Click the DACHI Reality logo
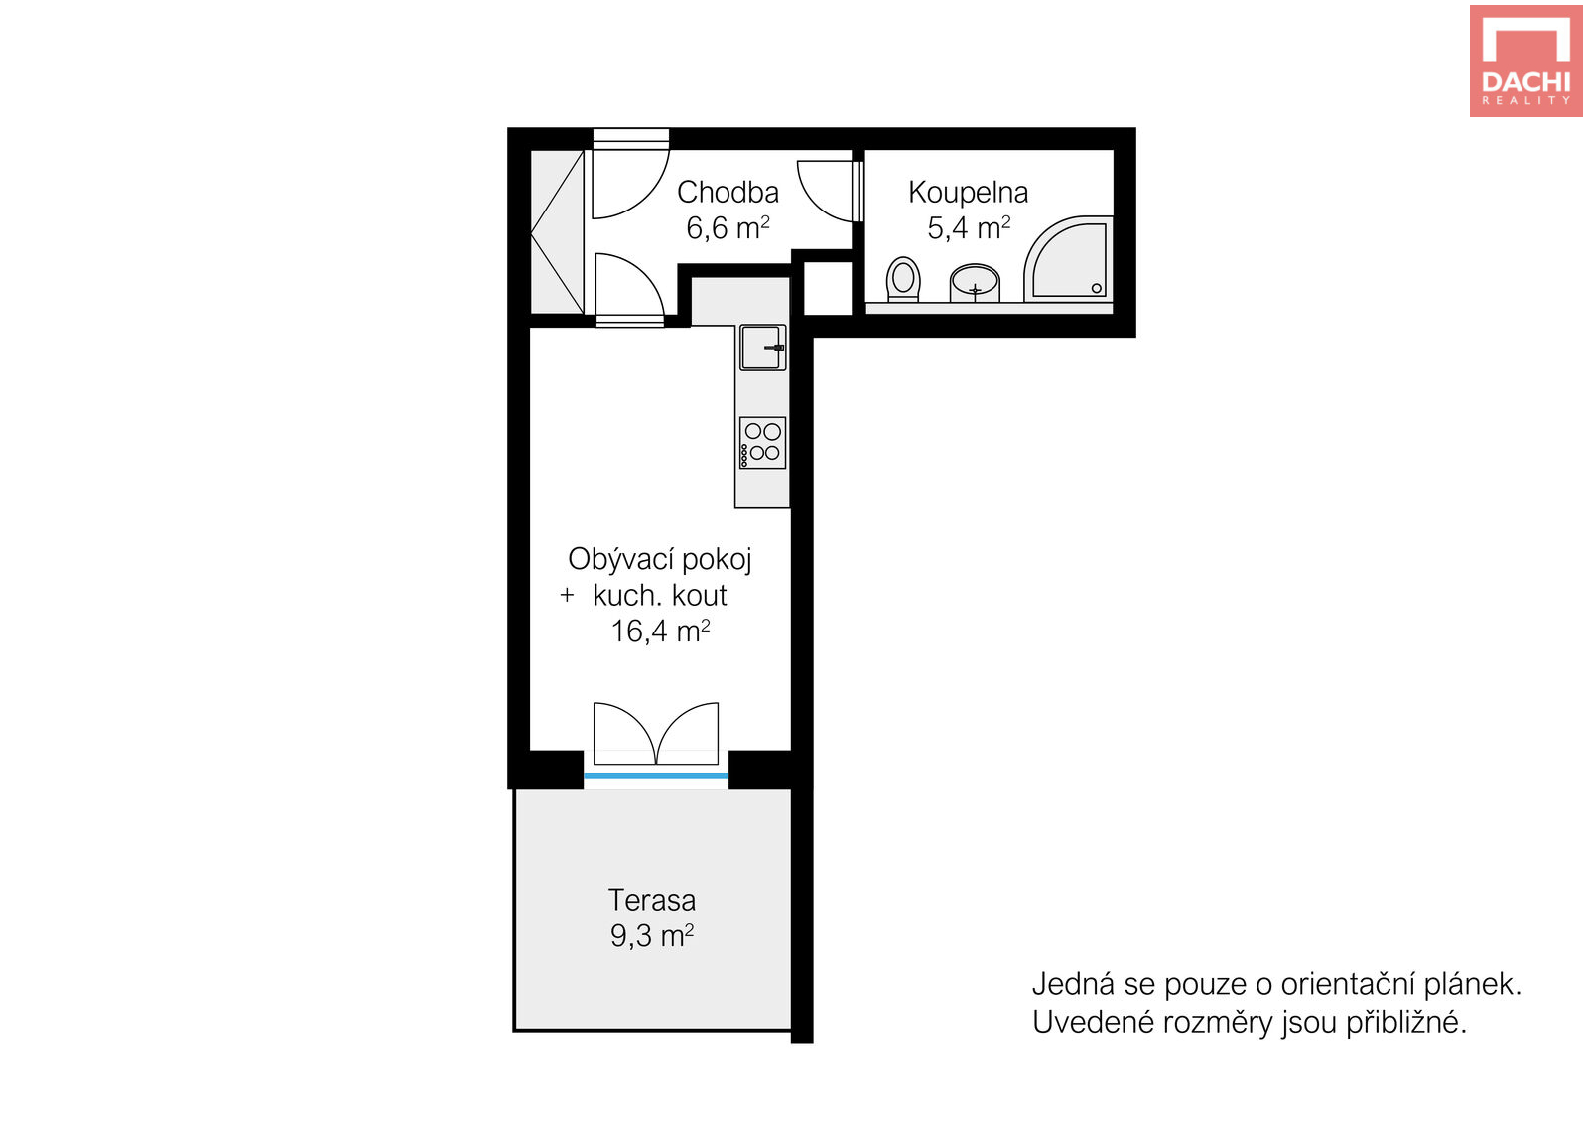1525,61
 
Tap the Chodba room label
728,193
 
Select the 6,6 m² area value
728,228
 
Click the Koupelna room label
968,193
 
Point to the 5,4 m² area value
969,228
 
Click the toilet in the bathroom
903,279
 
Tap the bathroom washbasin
975,283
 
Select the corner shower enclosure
1068,259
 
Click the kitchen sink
763,348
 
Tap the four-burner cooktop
763,443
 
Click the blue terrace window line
656,776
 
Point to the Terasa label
652,900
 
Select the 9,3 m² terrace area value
652,936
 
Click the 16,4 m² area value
660,632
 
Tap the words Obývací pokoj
659,560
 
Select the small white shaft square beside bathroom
828,288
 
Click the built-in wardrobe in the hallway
557,232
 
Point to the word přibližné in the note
1406,1023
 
